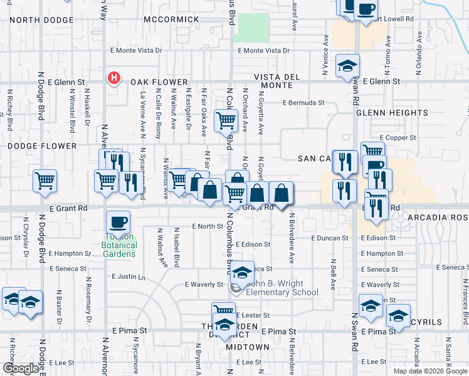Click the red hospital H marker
tap(113, 78)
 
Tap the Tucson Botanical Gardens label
tap(119, 249)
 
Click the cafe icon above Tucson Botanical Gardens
tap(118, 222)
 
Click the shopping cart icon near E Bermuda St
tap(226, 120)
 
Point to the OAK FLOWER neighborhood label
tap(159, 82)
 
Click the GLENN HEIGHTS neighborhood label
tap(391, 113)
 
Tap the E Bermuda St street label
tap(303, 102)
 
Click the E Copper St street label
tap(398, 137)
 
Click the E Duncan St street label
tap(329, 238)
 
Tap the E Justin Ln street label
tap(128, 276)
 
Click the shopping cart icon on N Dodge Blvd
tap(45, 180)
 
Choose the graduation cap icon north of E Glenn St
tap(347, 66)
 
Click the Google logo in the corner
tap(20, 368)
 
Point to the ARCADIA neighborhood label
tap(428, 217)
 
